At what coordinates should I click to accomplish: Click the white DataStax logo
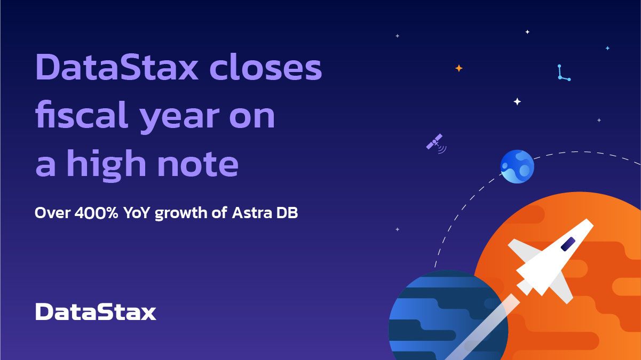pyautogui.click(x=96, y=312)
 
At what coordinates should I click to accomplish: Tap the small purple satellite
pyautogui.click(x=435, y=143)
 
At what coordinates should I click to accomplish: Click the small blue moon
pyautogui.click(x=517, y=166)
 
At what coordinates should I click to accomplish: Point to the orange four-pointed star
pyautogui.click(x=458, y=68)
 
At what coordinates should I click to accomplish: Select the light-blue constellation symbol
pyautogui.click(x=563, y=73)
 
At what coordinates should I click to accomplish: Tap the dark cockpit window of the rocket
pyautogui.click(x=568, y=244)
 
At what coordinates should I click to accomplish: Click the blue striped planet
pyautogui.click(x=443, y=317)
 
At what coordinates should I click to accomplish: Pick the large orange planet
pyautogui.click(x=587, y=299)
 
